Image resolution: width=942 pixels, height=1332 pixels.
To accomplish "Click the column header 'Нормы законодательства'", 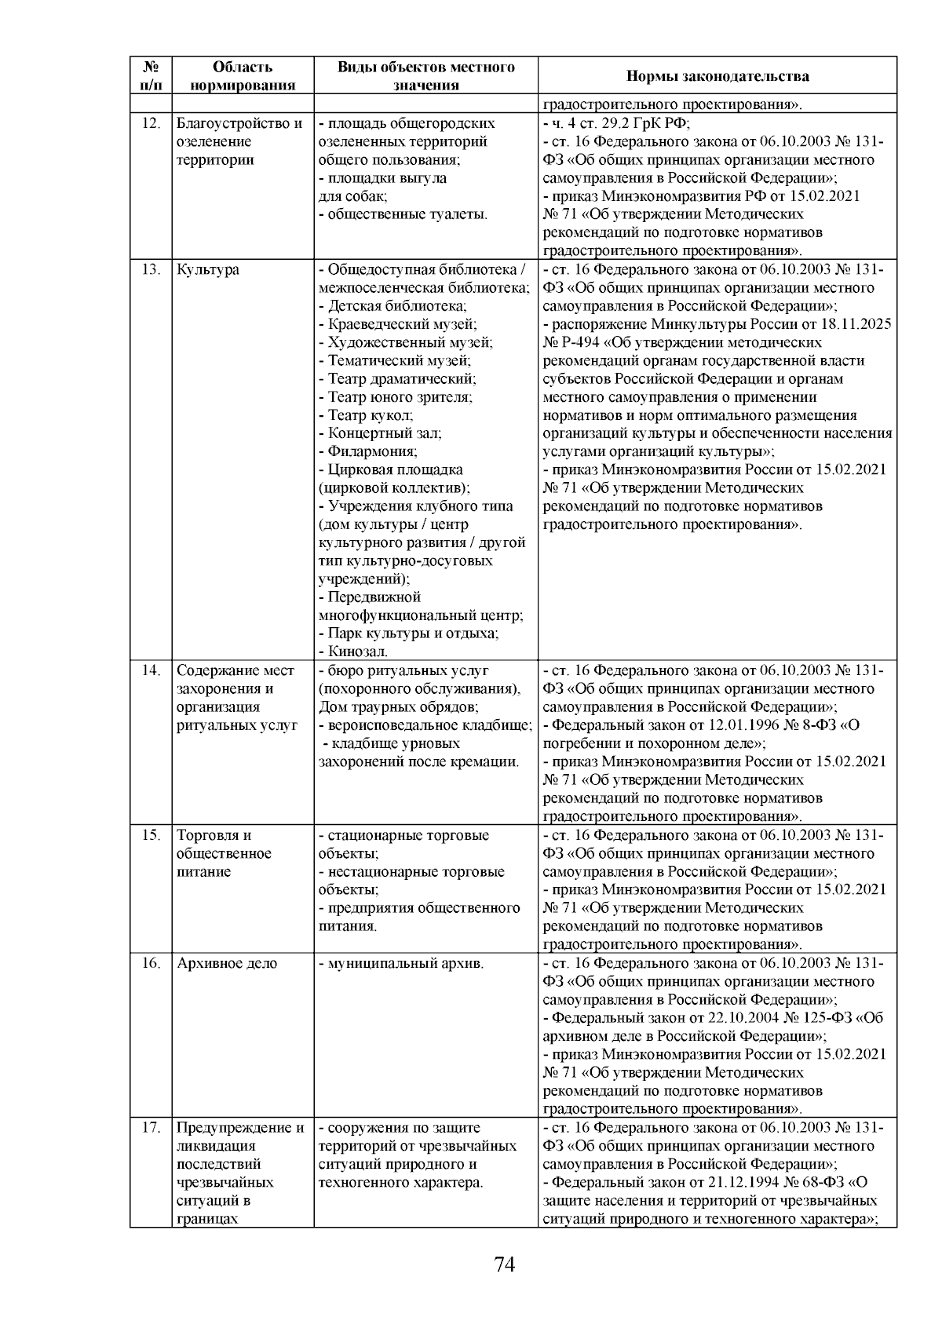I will click(x=717, y=76).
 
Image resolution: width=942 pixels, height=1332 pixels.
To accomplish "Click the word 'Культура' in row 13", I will click(x=208, y=270).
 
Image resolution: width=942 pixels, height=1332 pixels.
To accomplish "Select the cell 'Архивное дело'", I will click(x=227, y=964).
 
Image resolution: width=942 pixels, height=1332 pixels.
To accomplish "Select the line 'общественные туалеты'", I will click(x=407, y=214).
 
